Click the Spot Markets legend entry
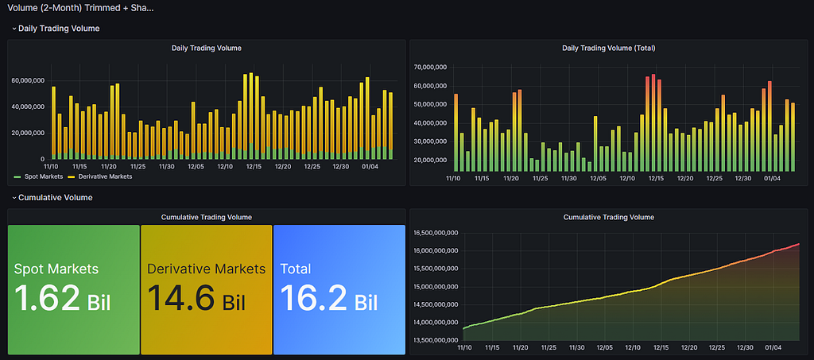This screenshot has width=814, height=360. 40,176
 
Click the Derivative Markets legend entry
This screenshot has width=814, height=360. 99,176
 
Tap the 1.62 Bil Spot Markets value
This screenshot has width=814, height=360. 62,298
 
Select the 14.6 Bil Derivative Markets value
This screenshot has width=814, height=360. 197,298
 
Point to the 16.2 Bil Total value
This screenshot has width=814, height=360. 329,298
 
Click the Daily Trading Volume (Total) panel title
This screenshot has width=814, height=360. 608,48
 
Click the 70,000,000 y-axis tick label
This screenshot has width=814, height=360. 431,68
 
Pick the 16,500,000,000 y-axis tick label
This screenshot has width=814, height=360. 435,234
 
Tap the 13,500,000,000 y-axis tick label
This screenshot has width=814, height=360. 435,341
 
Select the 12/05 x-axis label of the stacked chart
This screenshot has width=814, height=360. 196,167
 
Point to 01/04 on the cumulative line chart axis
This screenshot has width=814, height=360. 772,348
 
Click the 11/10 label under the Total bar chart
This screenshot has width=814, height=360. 454,179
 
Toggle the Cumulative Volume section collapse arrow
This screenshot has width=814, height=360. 14,198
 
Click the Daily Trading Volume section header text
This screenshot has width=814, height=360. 59,29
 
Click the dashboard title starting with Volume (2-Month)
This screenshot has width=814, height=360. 80,8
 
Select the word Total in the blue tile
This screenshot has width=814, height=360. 296,269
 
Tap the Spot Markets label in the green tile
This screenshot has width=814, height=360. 56,269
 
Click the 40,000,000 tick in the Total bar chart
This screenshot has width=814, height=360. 431,123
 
